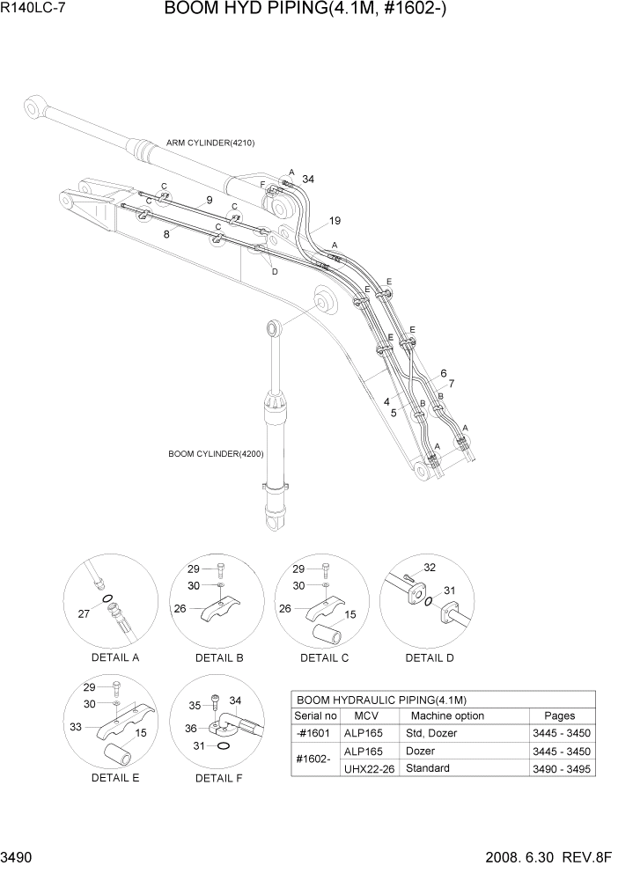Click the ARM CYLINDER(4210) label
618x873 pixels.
pos(210,143)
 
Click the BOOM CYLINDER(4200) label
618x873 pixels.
pos(216,454)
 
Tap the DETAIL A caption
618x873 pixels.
pos(114,657)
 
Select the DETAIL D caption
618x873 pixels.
pos(430,657)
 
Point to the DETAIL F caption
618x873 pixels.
pos(219,778)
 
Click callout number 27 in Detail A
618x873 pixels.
pos(84,614)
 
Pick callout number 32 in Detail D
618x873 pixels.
pos(430,568)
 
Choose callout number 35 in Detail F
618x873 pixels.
pos(195,704)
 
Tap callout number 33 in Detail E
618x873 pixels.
pos(75,728)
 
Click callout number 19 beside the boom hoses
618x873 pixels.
pos(335,220)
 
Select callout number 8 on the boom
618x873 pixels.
pos(166,234)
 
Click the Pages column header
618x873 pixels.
pos(559,715)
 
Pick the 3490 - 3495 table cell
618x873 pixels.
pos(561,768)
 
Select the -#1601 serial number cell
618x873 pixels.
pos(315,733)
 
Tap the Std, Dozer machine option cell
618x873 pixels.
pos(431,733)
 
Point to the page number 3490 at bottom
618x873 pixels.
pos(19,857)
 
